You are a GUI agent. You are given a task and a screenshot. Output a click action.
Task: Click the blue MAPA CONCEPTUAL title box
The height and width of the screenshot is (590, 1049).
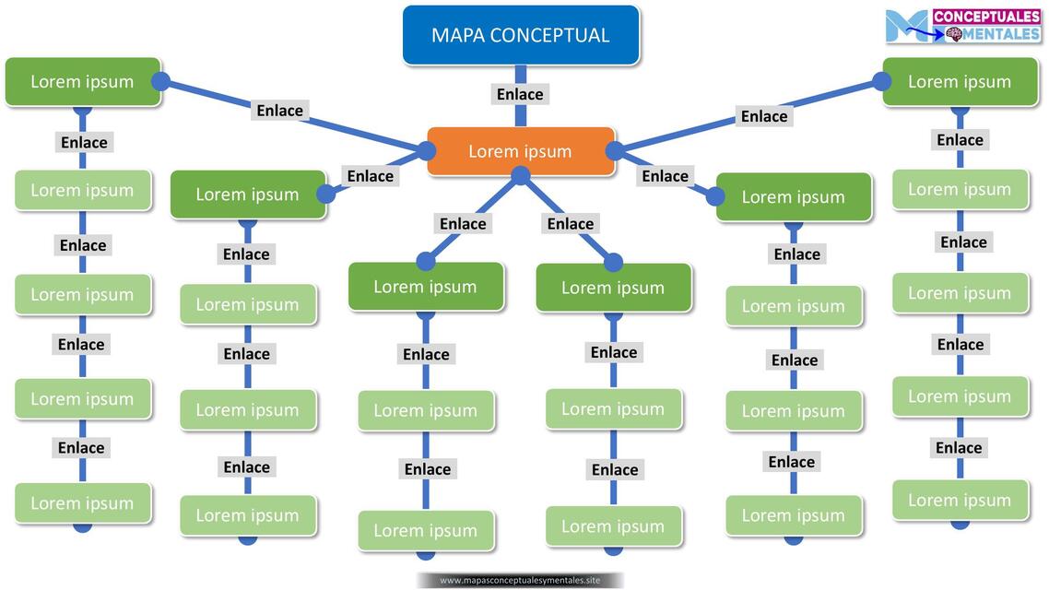pos(520,35)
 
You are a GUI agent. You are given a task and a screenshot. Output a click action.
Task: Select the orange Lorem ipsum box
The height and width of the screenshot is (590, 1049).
pos(520,151)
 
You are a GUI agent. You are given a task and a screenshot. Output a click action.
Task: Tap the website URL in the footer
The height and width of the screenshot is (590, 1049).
pos(520,580)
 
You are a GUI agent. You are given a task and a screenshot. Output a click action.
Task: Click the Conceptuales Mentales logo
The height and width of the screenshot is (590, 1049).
pos(962,26)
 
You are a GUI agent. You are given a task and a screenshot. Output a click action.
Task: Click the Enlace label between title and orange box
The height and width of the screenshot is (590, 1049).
pos(520,94)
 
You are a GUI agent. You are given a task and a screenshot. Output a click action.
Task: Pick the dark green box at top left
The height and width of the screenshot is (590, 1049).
pos(82,81)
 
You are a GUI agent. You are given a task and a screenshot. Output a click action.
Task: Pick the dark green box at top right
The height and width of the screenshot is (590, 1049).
pos(960,81)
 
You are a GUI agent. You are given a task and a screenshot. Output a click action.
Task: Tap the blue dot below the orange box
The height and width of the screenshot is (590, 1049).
pos(521,175)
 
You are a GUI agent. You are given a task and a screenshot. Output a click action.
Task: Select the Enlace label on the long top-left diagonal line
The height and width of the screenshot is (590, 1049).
pos(279,111)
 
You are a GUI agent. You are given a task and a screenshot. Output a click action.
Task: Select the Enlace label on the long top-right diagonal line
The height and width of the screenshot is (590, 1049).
pos(764,116)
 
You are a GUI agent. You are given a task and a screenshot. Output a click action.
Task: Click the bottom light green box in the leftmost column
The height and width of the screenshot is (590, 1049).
pos(82,503)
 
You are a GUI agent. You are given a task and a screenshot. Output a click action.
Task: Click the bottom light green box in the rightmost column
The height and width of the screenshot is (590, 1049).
pos(960,501)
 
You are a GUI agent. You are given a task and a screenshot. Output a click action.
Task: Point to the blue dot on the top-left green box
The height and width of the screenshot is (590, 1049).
pos(160,81)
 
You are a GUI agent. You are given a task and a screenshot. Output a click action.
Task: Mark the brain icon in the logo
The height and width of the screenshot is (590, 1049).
pos(955,34)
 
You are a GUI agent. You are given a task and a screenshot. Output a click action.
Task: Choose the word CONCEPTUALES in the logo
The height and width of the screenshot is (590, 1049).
pos(986,17)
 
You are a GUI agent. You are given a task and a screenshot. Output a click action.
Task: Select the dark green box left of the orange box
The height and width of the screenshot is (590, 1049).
pos(247,195)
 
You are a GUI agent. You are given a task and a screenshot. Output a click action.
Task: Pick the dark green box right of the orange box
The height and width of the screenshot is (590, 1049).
pos(793,196)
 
